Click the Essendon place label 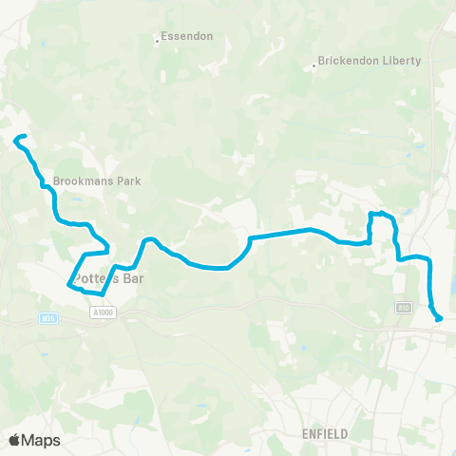point(187,36)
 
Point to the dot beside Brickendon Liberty point(315,66)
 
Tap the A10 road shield point(403,306)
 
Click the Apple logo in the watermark point(16,440)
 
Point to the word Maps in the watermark point(43,440)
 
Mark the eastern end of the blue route point(439,318)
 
